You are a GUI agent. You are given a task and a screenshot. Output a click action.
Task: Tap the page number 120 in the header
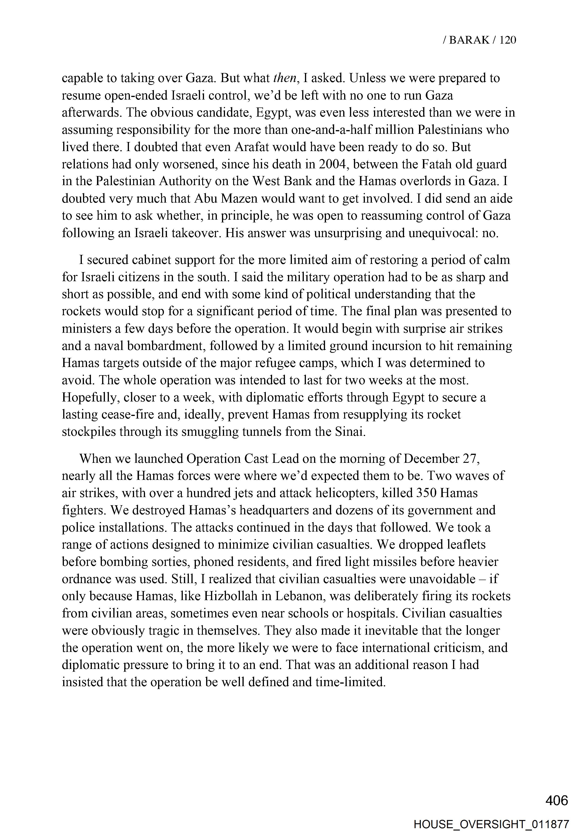508,40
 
